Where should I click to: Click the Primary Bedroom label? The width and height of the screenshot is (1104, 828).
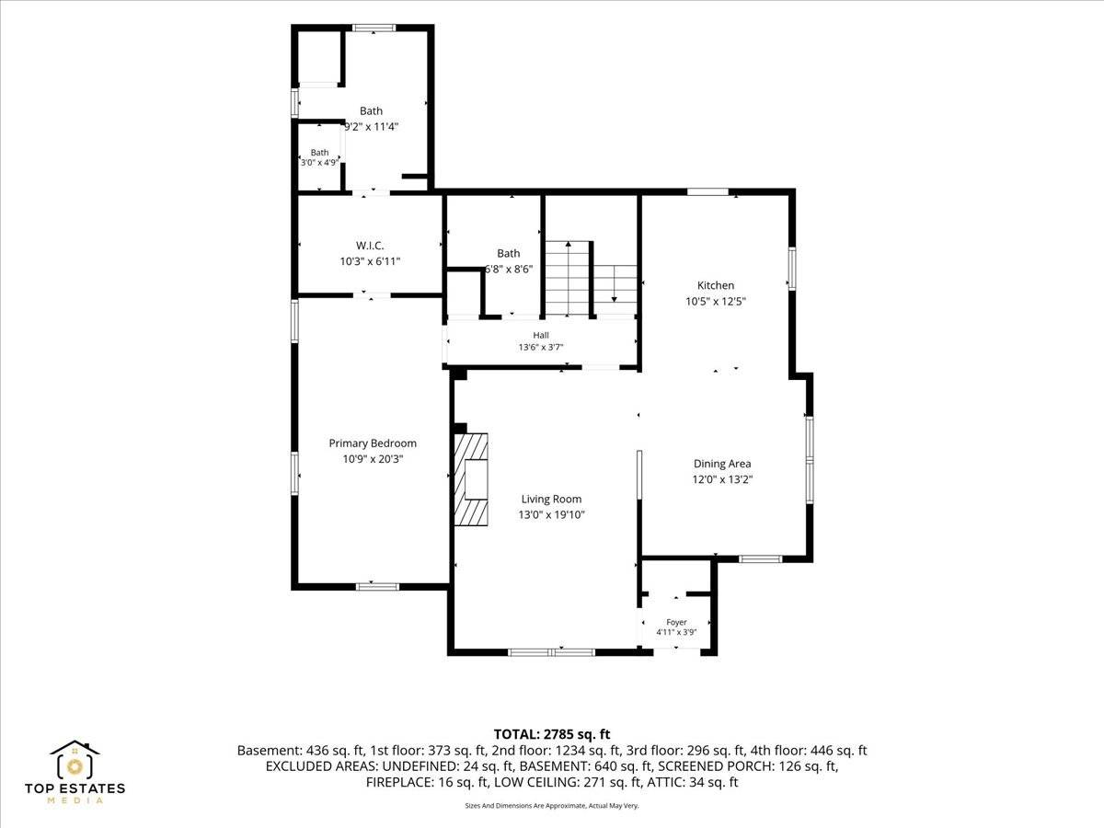coord(373,443)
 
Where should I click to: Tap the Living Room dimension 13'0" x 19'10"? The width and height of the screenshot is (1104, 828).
coord(551,515)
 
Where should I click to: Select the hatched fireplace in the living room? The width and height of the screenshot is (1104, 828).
coord(471,479)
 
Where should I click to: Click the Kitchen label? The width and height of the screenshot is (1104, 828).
coord(715,285)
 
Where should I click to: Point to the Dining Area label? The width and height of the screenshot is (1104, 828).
coord(722,464)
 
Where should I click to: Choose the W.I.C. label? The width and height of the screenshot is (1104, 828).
coord(370,246)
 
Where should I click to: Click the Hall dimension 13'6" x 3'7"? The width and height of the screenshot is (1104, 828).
coord(541,347)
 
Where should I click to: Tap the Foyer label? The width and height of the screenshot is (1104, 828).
coord(676,622)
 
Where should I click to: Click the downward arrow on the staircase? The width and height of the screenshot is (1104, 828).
coord(615,284)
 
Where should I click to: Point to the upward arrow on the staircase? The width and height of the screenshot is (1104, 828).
coord(568,278)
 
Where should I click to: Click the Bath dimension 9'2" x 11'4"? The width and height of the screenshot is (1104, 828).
coord(371,126)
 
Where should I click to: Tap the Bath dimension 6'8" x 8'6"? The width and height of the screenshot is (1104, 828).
coord(508,269)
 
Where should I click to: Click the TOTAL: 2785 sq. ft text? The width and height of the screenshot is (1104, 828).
coord(552,734)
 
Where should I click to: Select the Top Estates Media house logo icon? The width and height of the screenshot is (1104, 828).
coord(75,759)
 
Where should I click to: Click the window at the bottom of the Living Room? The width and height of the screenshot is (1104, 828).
coord(552,652)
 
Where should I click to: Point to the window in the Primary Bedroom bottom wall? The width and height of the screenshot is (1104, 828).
coord(377,586)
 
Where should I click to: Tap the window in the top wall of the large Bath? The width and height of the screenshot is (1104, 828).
coord(374,29)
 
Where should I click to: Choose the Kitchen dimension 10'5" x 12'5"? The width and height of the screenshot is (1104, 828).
coord(715,301)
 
